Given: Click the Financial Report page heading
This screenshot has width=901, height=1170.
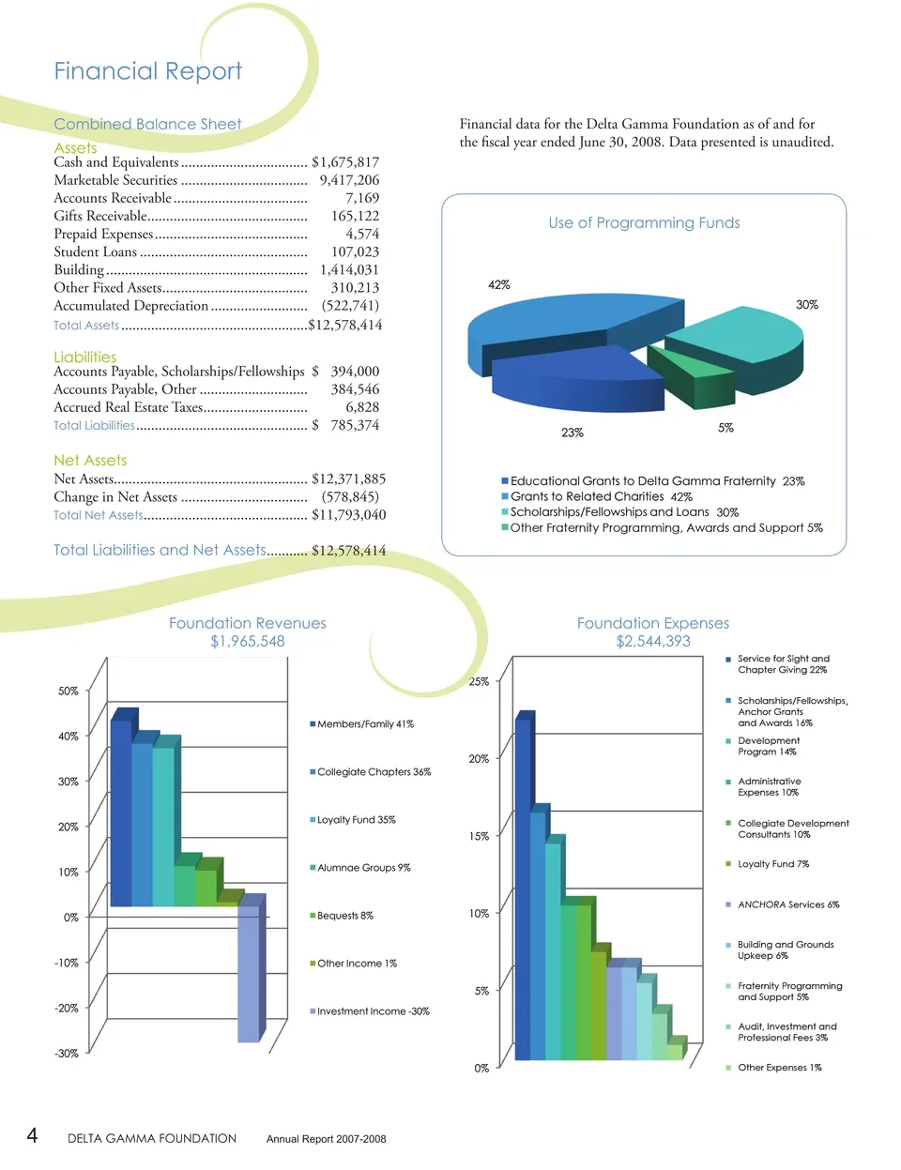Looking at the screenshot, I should coord(147,71).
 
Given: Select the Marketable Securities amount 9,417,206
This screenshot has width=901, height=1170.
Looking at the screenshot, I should coord(349,180).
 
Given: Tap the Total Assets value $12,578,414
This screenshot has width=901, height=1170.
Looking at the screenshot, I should coord(346,326).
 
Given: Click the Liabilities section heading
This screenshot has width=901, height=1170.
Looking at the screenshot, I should coord(85,357).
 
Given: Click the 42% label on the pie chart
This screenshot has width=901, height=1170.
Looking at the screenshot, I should coord(499,284).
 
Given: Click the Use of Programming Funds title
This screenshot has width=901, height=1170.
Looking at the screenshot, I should coord(644,222).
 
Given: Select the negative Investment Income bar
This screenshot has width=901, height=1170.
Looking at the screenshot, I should coord(249,971).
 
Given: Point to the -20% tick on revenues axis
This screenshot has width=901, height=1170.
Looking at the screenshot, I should coord(68,1008).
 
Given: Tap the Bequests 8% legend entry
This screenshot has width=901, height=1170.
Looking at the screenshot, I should coord(344,916).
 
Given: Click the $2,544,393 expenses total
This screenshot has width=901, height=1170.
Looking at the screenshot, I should coord(653,641).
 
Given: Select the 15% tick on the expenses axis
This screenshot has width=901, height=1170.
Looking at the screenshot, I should coord(479,836).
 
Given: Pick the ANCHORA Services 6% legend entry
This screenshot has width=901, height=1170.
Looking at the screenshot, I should coord(787,904).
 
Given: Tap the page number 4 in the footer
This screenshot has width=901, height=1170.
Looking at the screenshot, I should coord(32,1136).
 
